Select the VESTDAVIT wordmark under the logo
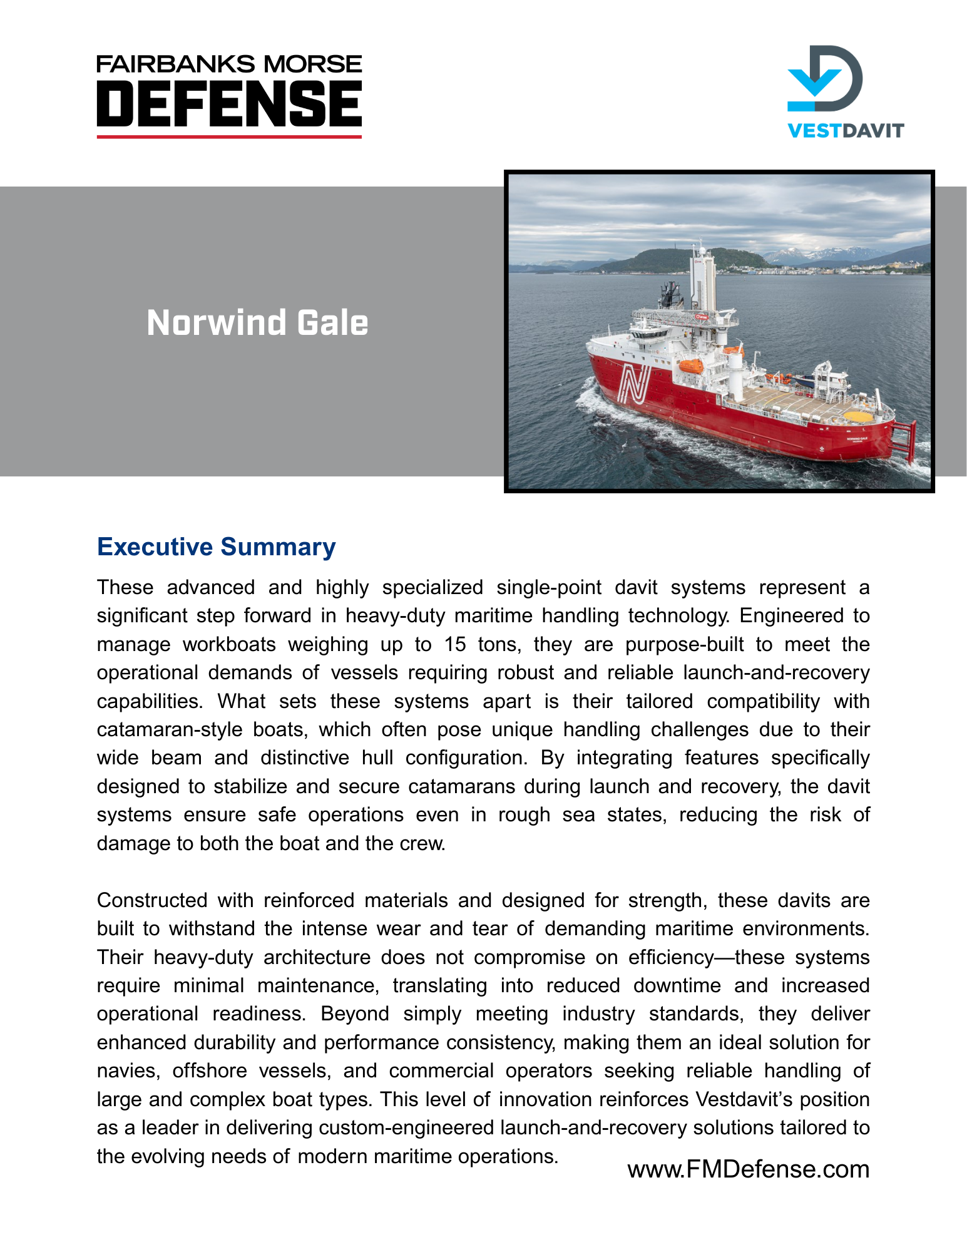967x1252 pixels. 845,131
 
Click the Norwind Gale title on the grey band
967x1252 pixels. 257,323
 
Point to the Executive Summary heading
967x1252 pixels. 216,547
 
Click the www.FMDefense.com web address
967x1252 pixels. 748,1169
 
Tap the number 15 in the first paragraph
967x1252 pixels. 455,644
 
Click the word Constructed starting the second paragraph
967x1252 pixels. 152,900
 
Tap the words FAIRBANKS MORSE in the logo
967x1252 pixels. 229,64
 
